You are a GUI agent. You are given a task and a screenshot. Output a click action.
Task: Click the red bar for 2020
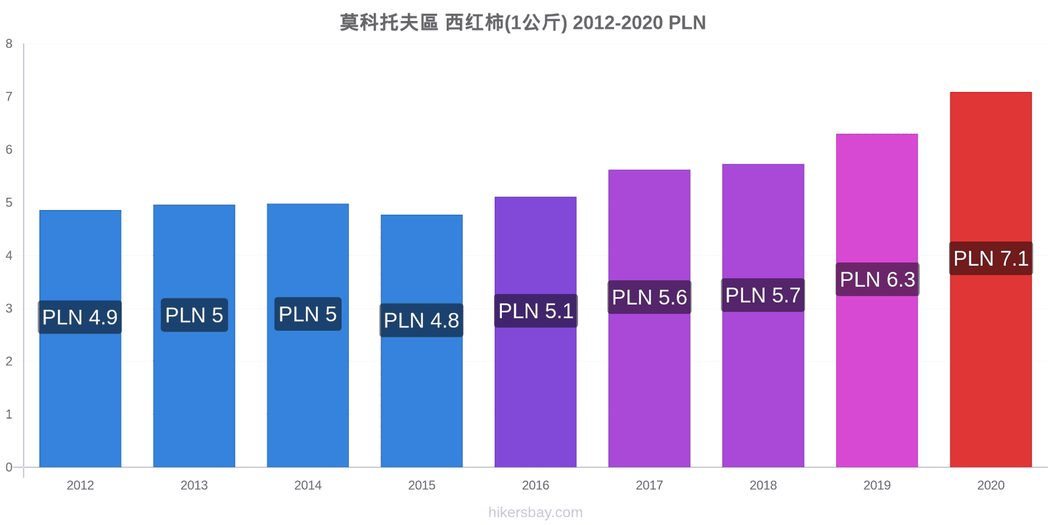(x=991, y=280)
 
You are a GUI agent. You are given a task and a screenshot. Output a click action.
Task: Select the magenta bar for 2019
(x=877, y=301)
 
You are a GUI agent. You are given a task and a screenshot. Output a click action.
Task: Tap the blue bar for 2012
(x=80, y=339)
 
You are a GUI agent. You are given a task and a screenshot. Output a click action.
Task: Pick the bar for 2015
(x=421, y=341)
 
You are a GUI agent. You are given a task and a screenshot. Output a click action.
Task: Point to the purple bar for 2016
(x=535, y=332)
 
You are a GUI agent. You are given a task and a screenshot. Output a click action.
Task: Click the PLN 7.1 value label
(x=991, y=259)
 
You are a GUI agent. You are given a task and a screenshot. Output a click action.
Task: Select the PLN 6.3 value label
(x=878, y=280)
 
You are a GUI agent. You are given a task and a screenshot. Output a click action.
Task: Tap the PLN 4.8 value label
(x=421, y=320)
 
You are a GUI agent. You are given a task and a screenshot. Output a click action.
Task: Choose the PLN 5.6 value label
(x=650, y=297)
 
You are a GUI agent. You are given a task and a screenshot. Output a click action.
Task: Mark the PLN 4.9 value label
(x=79, y=317)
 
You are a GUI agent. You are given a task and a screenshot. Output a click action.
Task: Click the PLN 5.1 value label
(x=536, y=311)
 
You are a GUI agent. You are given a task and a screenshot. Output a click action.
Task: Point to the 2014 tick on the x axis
(x=308, y=485)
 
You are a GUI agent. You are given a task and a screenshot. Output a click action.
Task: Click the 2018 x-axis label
(x=763, y=485)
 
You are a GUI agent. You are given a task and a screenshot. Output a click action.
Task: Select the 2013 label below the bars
(x=194, y=485)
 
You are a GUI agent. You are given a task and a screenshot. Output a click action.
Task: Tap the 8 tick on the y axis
(x=9, y=43)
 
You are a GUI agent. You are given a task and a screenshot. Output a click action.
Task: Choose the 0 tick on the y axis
(x=9, y=467)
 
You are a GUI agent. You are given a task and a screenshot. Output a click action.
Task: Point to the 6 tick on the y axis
(x=9, y=150)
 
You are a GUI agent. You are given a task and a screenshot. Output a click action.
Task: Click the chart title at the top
(x=523, y=22)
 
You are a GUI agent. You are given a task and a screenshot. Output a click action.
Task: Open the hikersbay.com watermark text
(x=535, y=512)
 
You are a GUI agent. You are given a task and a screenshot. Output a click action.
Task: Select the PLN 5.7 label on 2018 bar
(x=763, y=295)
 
